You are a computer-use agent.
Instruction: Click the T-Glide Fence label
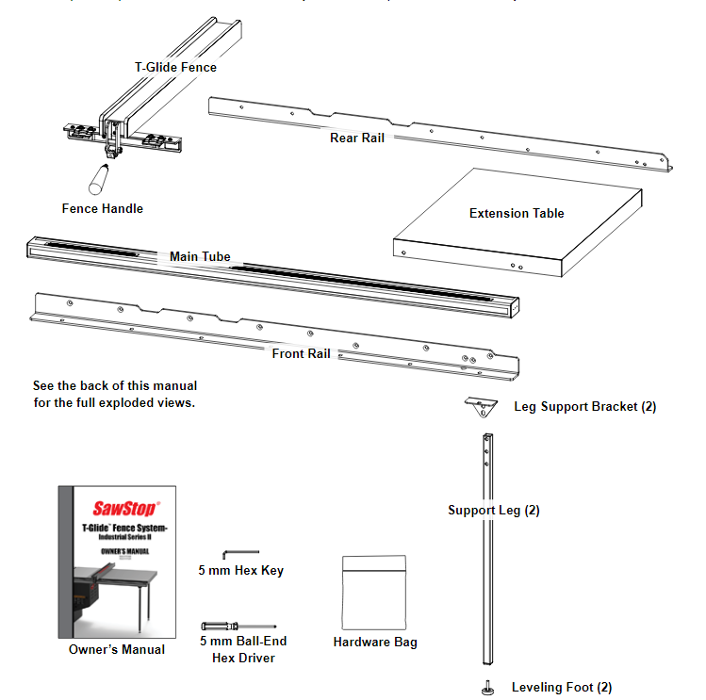175,67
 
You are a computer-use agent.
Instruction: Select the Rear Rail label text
356,138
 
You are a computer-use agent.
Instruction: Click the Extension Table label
517,213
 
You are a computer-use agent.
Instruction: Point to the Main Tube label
200,256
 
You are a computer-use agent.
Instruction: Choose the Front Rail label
301,353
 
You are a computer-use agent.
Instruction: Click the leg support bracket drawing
481,406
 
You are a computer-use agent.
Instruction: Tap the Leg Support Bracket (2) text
584,407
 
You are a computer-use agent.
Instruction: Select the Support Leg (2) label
493,510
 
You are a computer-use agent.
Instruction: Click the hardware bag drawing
374,591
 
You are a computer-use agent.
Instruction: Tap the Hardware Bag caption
375,643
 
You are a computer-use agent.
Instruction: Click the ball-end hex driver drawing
238,626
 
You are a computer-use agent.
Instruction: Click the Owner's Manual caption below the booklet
117,649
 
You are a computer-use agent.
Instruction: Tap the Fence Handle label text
103,207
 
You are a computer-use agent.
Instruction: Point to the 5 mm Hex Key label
240,570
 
